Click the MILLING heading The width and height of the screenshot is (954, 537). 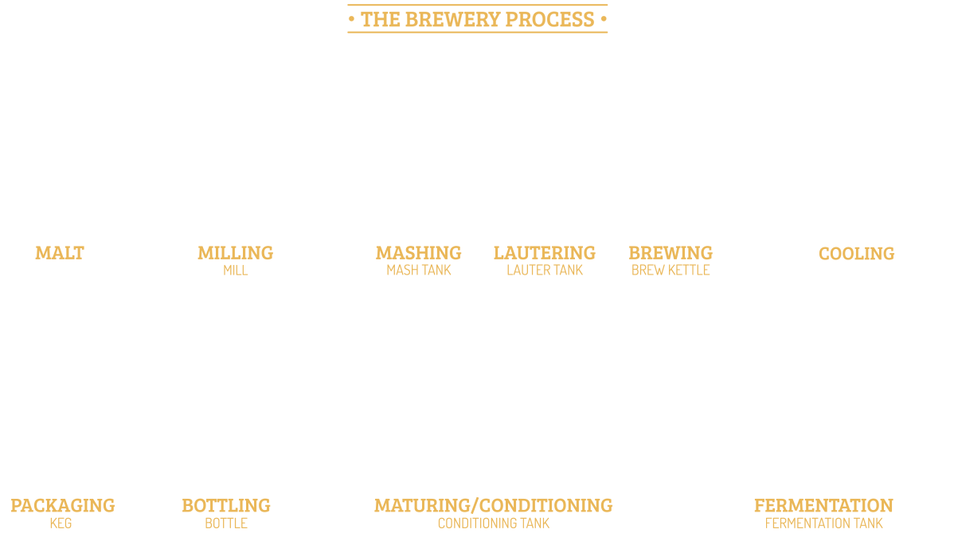point(235,253)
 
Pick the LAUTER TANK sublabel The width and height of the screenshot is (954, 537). point(545,270)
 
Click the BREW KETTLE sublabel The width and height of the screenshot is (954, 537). point(671,270)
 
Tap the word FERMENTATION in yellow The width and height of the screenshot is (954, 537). point(823,505)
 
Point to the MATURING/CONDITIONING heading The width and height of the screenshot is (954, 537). point(493,505)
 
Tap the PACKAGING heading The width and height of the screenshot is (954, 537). point(63,505)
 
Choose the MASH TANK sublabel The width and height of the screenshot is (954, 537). point(419,270)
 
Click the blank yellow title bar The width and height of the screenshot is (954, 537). point(477,18)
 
